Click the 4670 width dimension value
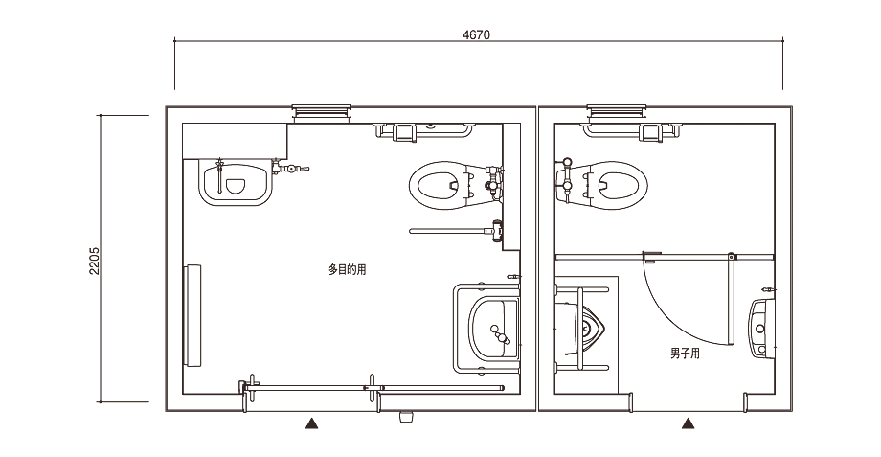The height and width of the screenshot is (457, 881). (476, 34)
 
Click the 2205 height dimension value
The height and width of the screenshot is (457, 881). (94, 261)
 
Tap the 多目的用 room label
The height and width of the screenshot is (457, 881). (348, 270)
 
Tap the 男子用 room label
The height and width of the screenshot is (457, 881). (685, 354)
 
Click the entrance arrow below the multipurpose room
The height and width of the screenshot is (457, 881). (312, 423)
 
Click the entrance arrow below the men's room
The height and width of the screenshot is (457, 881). (688, 423)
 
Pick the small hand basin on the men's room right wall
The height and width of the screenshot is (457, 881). (761, 328)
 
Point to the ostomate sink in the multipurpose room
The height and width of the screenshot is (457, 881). (236, 182)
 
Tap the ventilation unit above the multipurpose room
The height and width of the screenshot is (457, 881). (322, 112)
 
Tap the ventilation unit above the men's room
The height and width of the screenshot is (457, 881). (617, 112)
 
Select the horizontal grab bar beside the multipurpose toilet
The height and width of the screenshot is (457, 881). (456, 231)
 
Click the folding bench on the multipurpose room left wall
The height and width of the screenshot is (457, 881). (192, 315)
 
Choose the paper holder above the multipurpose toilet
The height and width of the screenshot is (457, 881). (405, 132)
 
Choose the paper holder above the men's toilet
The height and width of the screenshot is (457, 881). (651, 132)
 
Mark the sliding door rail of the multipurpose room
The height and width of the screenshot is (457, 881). (372, 388)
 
